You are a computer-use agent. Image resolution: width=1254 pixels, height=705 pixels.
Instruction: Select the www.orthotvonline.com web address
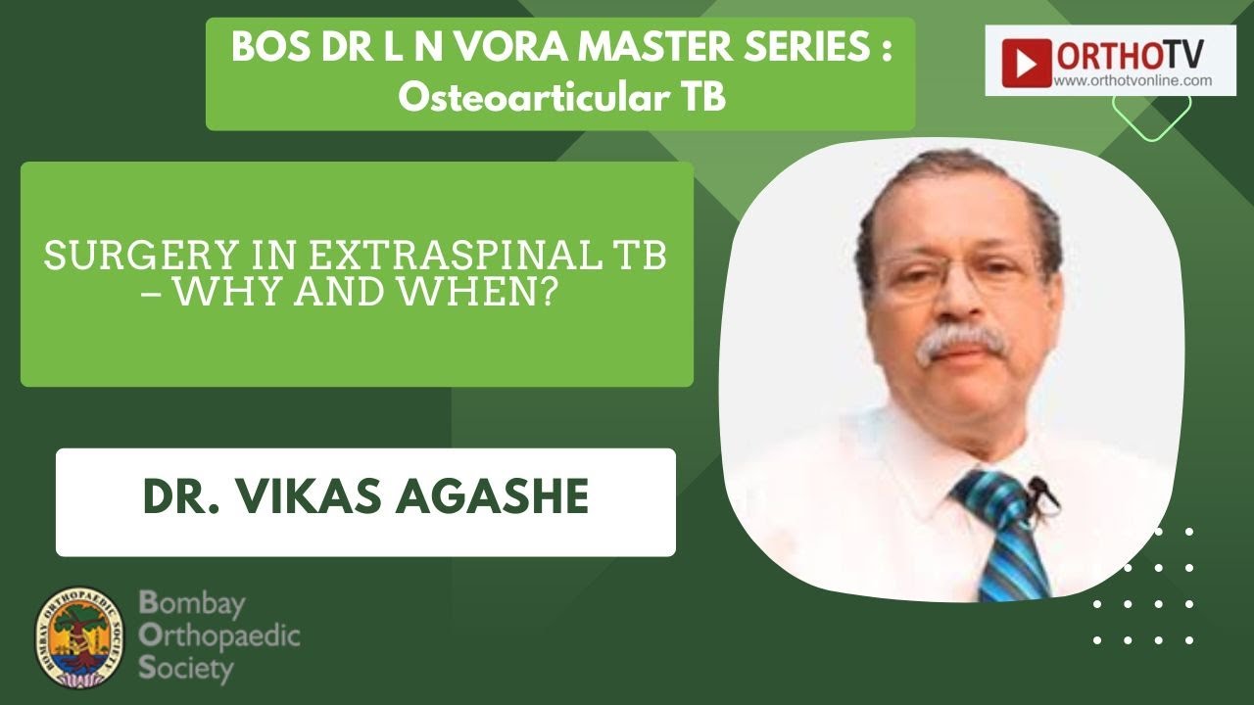(1133, 81)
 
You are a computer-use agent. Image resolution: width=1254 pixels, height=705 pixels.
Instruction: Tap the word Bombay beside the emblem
(192, 603)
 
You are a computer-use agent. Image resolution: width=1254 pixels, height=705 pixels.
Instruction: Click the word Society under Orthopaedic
(186, 670)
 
